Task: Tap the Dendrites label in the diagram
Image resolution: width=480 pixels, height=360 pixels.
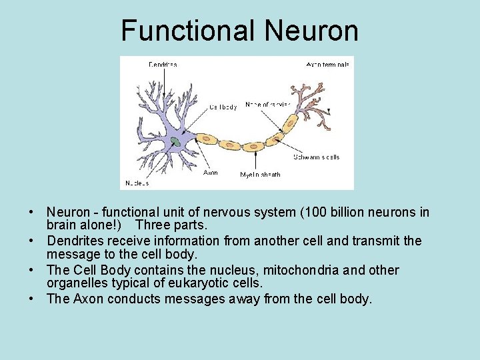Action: [x=163, y=65]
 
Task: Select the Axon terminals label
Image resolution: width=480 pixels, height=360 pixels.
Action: [x=327, y=65]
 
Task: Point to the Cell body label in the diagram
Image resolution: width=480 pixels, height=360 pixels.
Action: [x=223, y=107]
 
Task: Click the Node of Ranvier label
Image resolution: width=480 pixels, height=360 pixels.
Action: [x=267, y=105]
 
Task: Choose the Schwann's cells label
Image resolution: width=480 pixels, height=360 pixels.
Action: [x=317, y=157]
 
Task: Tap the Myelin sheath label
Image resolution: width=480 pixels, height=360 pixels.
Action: [x=260, y=175]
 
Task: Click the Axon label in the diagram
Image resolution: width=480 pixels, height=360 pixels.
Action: [x=210, y=173]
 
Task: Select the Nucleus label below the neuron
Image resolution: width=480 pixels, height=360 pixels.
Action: [x=138, y=183]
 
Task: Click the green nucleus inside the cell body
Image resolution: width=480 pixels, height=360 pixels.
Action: [x=175, y=141]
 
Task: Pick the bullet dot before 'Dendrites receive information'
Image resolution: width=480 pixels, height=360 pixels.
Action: [x=32, y=241]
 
